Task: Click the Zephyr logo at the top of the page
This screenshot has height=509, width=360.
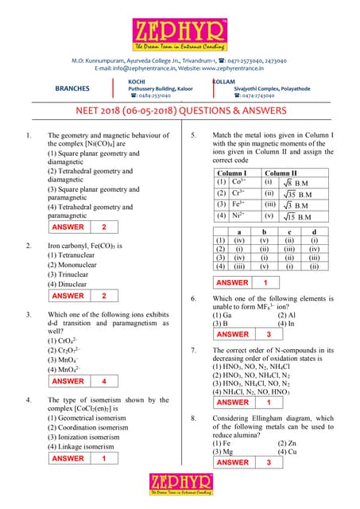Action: click(x=180, y=29)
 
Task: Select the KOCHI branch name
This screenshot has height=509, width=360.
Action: click(x=137, y=81)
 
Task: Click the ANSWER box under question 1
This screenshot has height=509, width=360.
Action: click(x=79, y=227)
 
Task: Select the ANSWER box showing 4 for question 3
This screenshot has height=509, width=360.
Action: click(x=79, y=381)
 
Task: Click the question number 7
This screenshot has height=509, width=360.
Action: click(x=193, y=350)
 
